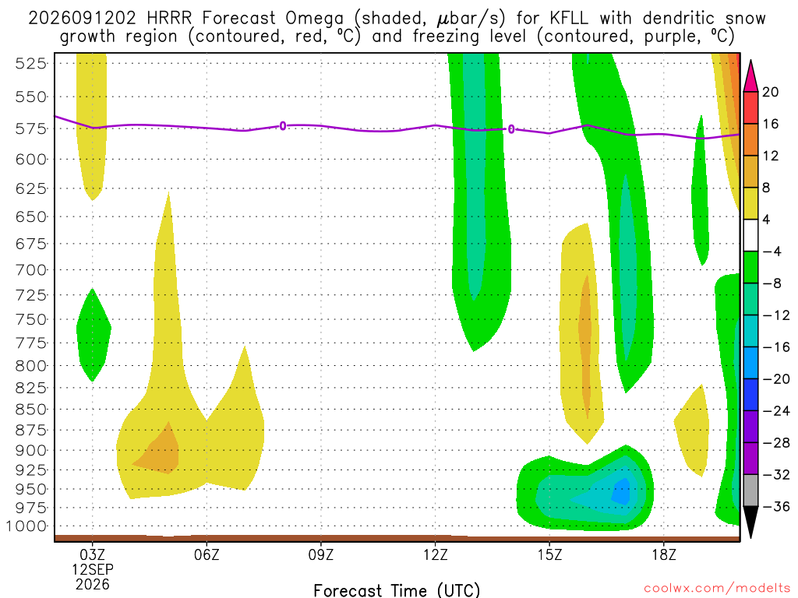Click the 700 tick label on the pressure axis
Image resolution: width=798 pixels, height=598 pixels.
(x=31, y=269)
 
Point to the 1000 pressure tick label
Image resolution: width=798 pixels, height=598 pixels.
(x=26, y=526)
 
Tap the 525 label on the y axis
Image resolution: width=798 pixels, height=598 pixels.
(x=31, y=64)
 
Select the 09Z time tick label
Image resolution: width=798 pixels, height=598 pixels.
(x=320, y=554)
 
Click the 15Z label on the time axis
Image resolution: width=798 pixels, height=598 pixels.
(x=549, y=554)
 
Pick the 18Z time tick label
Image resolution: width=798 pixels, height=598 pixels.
(x=664, y=554)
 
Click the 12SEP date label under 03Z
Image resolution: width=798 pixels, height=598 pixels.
(x=93, y=569)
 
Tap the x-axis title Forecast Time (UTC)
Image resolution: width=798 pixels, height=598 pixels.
(x=397, y=590)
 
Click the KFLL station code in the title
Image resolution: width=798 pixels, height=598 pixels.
(x=568, y=19)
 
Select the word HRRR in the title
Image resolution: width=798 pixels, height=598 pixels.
(x=169, y=19)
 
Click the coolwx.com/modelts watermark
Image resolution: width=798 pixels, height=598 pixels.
(x=717, y=589)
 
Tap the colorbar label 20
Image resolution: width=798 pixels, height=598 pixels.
(x=770, y=92)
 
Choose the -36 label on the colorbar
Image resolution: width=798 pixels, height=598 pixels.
(x=776, y=506)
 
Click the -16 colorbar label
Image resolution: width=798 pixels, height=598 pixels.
(x=776, y=347)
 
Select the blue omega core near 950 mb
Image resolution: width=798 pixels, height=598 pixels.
(x=621, y=492)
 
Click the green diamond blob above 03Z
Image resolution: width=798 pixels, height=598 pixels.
(x=94, y=335)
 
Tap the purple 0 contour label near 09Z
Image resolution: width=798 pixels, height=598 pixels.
(x=282, y=125)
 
